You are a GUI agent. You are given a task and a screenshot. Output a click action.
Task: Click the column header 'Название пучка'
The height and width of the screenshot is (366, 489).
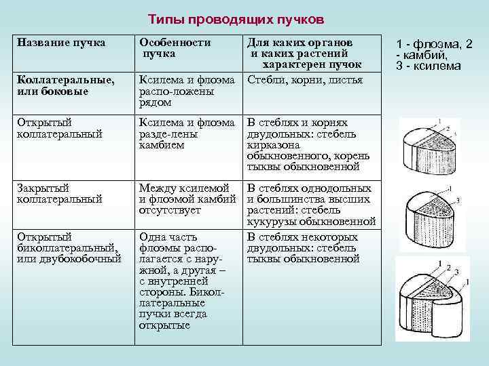tap(61, 43)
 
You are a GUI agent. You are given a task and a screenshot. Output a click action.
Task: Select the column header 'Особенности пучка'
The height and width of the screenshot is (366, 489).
tap(175, 47)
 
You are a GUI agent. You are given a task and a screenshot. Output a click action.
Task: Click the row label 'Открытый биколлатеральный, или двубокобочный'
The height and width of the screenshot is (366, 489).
tap(68, 247)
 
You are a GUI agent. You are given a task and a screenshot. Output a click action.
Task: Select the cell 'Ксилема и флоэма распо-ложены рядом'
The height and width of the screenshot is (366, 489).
tap(186, 91)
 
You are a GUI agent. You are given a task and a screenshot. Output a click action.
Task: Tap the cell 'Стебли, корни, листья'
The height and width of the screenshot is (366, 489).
tap(305, 80)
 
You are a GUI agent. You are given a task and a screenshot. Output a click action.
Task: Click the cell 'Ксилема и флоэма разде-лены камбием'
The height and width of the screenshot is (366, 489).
tap(186, 134)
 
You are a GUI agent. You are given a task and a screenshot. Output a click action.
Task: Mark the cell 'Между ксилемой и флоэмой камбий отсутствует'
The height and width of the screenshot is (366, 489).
tap(186, 199)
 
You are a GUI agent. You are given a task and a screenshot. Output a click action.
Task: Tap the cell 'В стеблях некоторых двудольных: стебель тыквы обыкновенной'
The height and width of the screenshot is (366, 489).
tap(302, 247)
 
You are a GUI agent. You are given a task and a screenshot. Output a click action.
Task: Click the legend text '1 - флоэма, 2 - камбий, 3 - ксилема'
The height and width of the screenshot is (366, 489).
tap(433, 55)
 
